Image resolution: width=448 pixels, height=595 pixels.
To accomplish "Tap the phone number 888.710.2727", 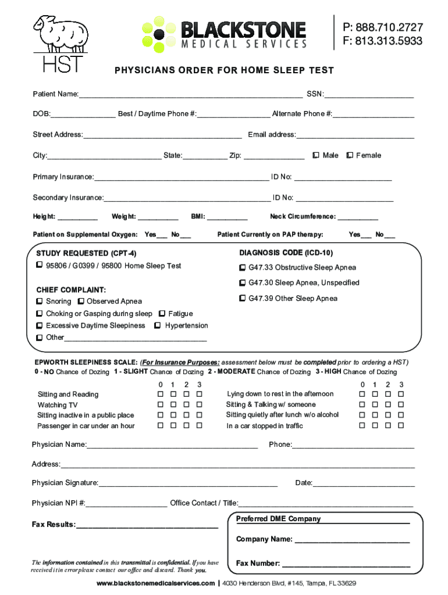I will [x=382, y=27].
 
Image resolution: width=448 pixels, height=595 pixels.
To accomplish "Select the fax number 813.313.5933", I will [x=382, y=41].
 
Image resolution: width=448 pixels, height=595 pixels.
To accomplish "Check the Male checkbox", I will [x=316, y=155].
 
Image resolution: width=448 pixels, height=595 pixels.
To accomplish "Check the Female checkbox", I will [x=350, y=155].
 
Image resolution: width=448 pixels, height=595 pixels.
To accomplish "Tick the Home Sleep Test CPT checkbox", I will [x=39, y=266].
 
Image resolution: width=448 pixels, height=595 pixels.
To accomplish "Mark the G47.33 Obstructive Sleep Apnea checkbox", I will [x=242, y=268].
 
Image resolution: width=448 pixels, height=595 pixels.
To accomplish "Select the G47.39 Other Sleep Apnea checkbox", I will [x=242, y=299].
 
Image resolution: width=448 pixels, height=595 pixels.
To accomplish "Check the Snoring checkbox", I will [x=39, y=302].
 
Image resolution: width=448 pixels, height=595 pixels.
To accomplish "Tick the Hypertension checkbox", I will [x=158, y=326].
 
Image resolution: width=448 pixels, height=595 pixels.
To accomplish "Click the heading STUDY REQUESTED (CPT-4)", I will [x=86, y=254].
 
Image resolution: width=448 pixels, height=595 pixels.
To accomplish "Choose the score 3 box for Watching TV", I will [x=199, y=404].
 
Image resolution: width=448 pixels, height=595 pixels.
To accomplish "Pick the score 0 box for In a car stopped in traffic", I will [x=362, y=426].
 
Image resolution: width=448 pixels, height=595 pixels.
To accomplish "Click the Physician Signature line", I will [x=187, y=484].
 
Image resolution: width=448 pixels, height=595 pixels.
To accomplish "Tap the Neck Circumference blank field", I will [x=358, y=217].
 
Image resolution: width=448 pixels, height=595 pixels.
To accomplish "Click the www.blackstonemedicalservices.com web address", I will [x=156, y=583].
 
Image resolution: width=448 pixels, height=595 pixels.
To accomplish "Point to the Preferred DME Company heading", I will [x=278, y=519].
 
